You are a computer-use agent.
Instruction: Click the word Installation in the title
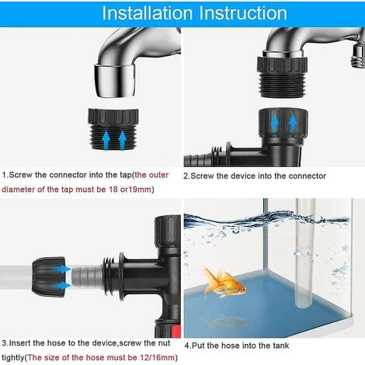coord(148,12)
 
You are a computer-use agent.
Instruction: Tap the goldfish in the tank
coord(224,283)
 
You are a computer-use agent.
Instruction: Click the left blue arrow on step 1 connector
coord(106,141)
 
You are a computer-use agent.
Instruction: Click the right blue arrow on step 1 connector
coord(123,141)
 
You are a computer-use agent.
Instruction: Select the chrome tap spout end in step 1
coord(114,81)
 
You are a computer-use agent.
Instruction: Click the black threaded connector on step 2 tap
coord(282,77)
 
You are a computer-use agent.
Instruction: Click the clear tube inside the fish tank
coord(305,253)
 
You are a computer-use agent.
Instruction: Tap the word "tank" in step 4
coord(280,346)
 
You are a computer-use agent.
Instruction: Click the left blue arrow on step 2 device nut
coord(275,124)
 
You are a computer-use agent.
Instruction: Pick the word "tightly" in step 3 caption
coord(13,358)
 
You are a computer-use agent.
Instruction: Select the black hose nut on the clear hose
coord(48,277)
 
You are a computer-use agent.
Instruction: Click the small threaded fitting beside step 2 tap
coord(358,55)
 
